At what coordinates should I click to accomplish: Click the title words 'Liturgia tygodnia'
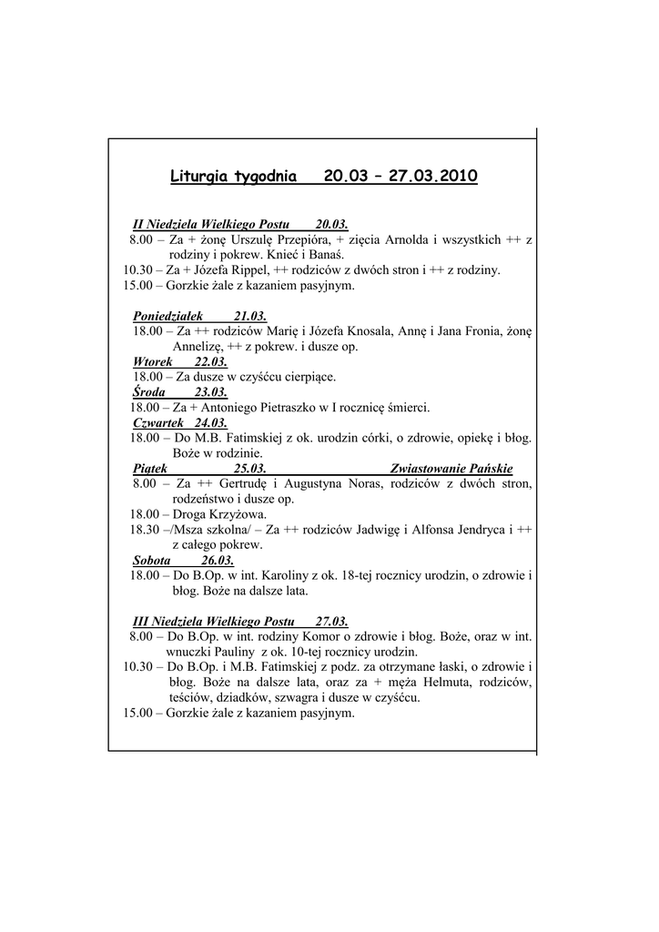[233, 176]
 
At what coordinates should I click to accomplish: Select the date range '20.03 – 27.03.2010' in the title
[400, 176]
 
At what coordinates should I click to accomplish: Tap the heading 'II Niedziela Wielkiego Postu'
[210, 224]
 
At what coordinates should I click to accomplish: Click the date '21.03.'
[249, 316]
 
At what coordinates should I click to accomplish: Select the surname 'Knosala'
[369, 331]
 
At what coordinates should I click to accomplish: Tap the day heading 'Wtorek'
[153, 361]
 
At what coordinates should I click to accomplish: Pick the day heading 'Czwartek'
[158, 423]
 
